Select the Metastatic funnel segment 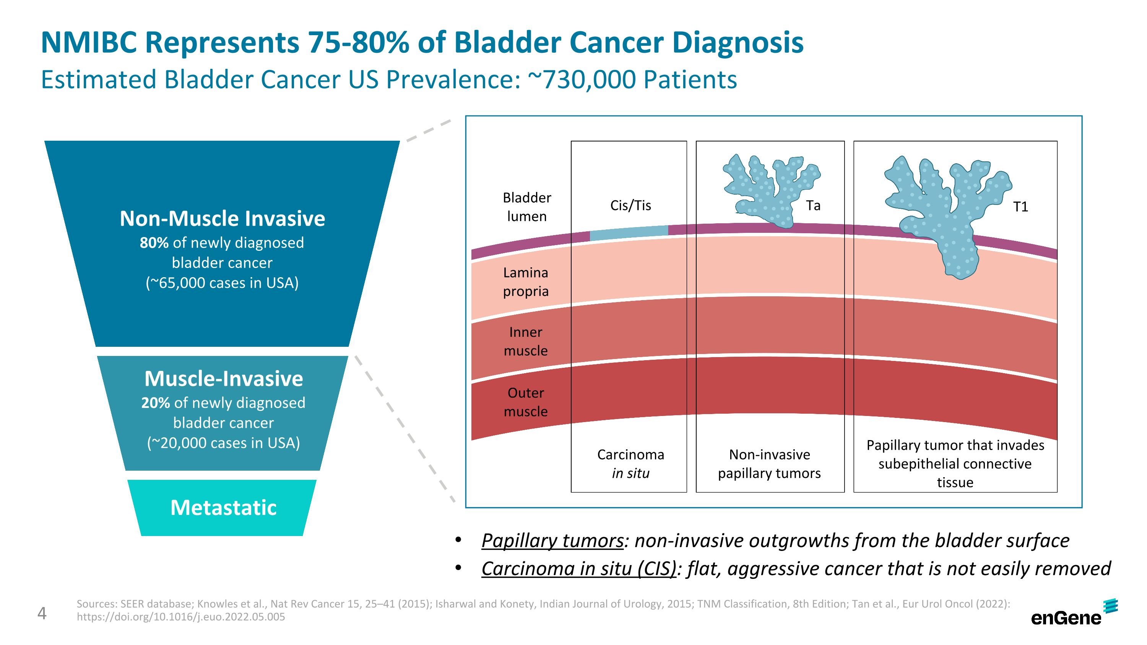click(223, 507)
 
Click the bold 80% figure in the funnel click(154, 243)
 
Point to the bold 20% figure click(155, 403)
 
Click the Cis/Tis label click(630, 206)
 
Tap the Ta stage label click(813, 206)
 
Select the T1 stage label click(1020, 207)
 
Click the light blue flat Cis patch click(629, 233)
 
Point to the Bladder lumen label click(527, 207)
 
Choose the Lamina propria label click(526, 282)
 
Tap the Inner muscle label click(526, 341)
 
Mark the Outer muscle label click(526, 402)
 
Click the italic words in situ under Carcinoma click(630, 473)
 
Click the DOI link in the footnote click(181, 617)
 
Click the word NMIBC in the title click(89, 43)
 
